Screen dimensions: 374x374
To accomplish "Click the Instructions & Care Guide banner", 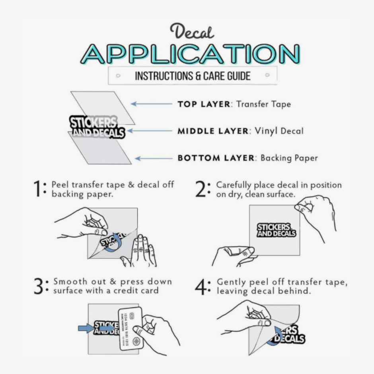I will click(x=193, y=76).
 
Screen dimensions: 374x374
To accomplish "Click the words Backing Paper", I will click(x=289, y=158).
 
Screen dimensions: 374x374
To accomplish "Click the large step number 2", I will click(x=201, y=190).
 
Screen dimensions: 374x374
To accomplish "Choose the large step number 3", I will click(x=38, y=286).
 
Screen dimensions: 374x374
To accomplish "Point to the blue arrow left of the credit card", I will click(x=85, y=328).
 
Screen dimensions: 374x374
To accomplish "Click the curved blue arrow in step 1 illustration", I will click(x=115, y=242).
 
